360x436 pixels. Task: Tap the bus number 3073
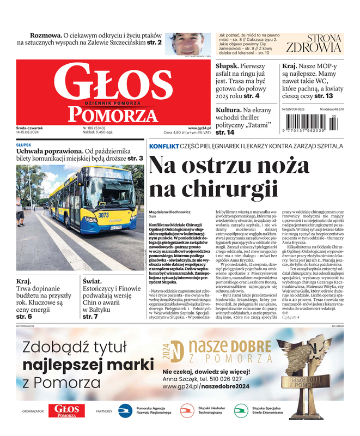(88, 215)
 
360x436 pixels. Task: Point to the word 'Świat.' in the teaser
(93, 281)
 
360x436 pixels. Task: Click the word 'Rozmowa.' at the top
(45, 34)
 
